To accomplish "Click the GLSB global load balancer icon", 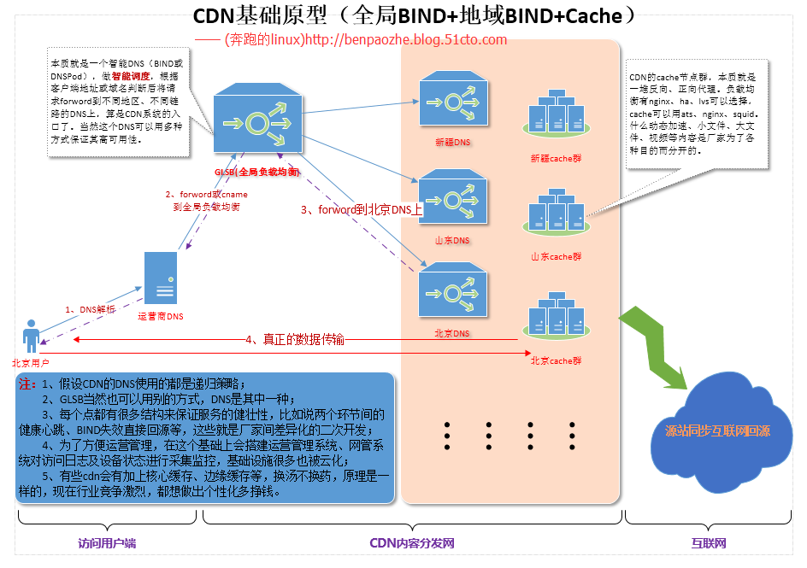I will point(256,121).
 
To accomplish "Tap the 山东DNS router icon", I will point(452,197).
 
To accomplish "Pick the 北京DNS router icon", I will point(452,291).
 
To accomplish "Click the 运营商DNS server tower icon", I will point(161,278).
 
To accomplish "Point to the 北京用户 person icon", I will point(32,337).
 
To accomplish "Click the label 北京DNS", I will point(451,333).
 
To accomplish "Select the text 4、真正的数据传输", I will point(295,339).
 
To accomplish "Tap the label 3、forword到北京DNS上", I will point(362,209).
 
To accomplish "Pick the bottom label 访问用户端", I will point(106,543).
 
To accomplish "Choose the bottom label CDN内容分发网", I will point(411,543).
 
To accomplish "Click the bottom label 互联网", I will point(709,543).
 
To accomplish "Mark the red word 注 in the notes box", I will point(27,384).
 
